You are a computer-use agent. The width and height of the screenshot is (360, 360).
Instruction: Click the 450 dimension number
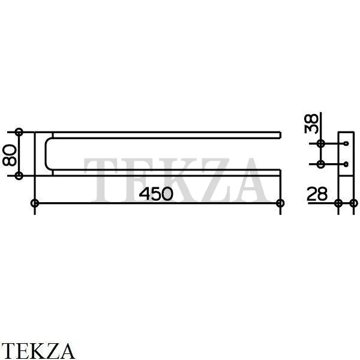point(156,194)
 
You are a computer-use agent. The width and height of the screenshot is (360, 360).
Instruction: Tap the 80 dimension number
point(10,155)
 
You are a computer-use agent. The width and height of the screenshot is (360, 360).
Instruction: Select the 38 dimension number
point(311,124)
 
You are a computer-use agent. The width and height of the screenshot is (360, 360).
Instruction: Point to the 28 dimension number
point(317,194)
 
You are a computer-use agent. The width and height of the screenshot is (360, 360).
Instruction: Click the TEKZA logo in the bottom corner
point(37,351)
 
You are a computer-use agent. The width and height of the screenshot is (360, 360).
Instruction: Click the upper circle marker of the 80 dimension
point(19,132)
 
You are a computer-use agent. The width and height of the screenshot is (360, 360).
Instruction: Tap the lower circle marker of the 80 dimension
point(19,176)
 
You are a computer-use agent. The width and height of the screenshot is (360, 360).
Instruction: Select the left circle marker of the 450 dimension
point(35,203)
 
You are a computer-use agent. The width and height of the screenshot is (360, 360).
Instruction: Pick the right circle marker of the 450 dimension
point(280,203)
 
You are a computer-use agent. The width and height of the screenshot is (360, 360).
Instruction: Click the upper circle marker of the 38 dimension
point(321,144)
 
